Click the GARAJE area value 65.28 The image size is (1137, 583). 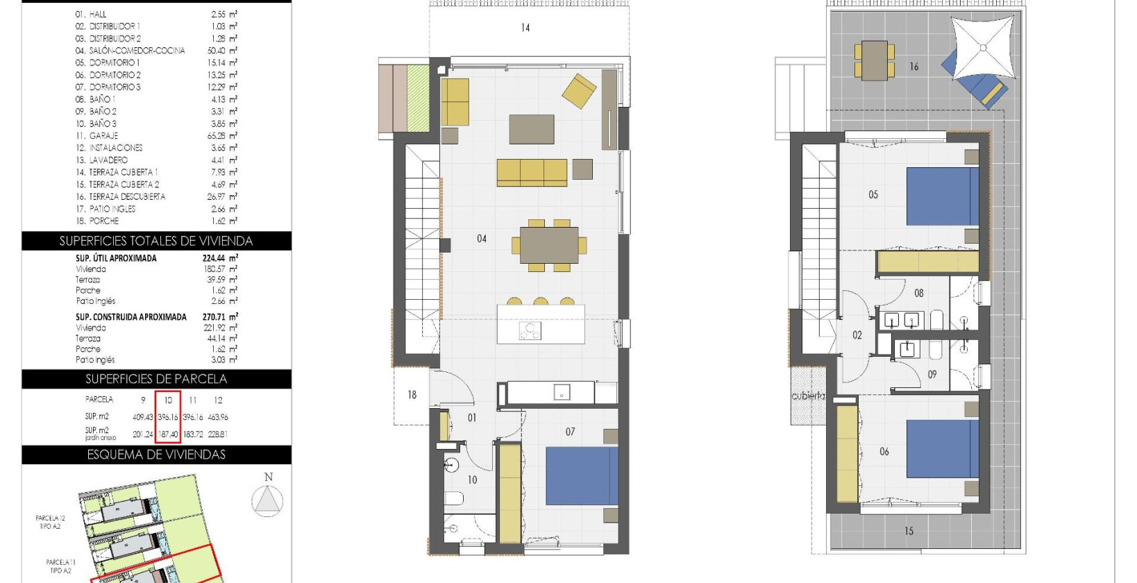tap(217, 136)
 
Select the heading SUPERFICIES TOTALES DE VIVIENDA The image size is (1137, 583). tap(156, 241)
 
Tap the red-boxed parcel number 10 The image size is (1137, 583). tap(168, 400)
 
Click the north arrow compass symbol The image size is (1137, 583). tap(267, 500)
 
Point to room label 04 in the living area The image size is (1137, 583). tap(482, 239)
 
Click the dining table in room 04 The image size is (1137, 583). tap(549, 245)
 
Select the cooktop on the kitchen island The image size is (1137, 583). tap(530, 331)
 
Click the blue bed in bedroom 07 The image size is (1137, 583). tap(582, 475)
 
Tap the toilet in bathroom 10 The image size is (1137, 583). tap(454, 499)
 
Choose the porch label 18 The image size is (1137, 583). tap(412, 395)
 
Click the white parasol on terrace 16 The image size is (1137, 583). tap(982, 48)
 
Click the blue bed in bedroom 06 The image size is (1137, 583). tap(943, 448)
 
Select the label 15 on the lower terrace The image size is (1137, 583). tap(909, 531)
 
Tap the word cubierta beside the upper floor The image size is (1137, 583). tap(808, 396)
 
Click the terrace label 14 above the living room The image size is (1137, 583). tap(525, 28)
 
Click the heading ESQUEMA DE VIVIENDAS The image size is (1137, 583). tap(156, 455)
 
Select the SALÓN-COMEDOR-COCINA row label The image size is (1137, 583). tap(137, 51)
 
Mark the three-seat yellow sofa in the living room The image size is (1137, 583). tap(532, 172)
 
